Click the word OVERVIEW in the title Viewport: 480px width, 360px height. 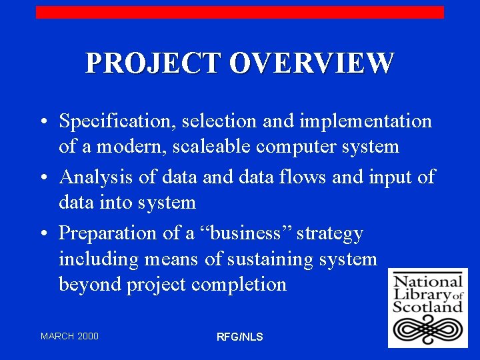[x=311, y=63]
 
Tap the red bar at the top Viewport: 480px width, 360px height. [x=239, y=12]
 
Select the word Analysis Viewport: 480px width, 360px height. [x=95, y=177]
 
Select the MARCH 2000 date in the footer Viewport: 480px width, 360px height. [x=69, y=336]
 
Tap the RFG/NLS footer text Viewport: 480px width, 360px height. [x=240, y=337]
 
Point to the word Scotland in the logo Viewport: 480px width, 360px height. [x=427, y=306]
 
